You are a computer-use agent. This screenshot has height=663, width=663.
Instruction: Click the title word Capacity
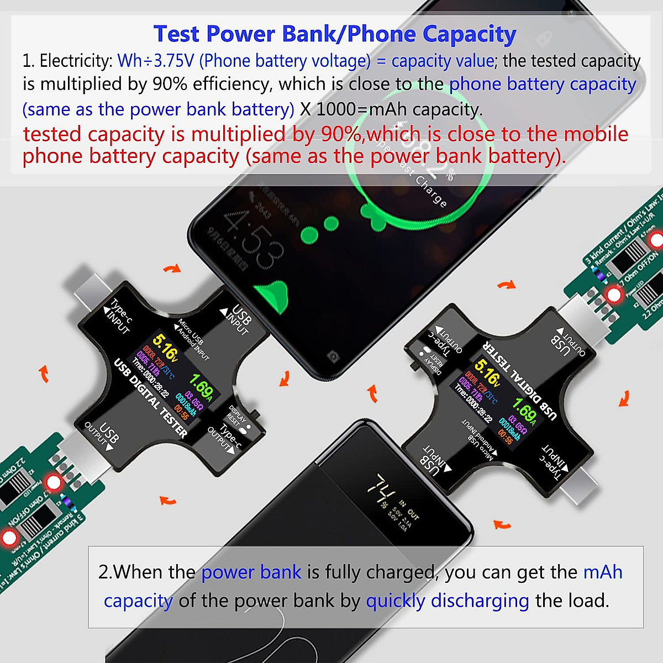point(470,34)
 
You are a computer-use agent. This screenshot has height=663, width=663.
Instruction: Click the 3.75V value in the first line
point(171,61)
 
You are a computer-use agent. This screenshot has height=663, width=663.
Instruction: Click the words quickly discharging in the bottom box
point(448,601)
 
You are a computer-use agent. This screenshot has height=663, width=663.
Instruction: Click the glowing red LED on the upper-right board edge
point(656,240)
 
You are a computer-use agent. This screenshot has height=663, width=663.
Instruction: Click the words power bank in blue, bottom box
point(251,572)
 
